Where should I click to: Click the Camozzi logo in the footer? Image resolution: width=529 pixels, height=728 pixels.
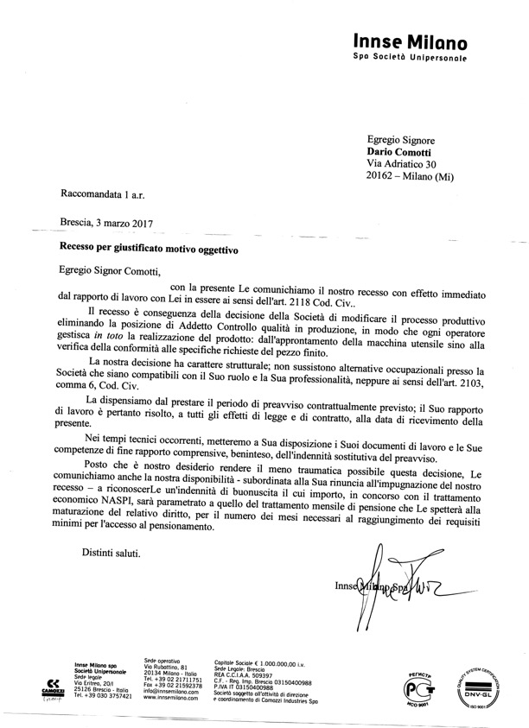pyautogui.click(x=50, y=687)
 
